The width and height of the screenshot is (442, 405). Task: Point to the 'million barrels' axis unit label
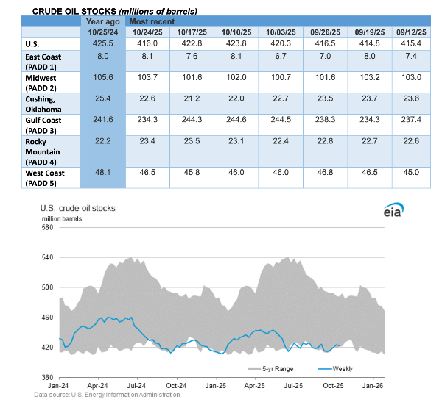pos(61,218)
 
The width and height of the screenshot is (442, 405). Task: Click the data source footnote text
pos(106,395)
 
